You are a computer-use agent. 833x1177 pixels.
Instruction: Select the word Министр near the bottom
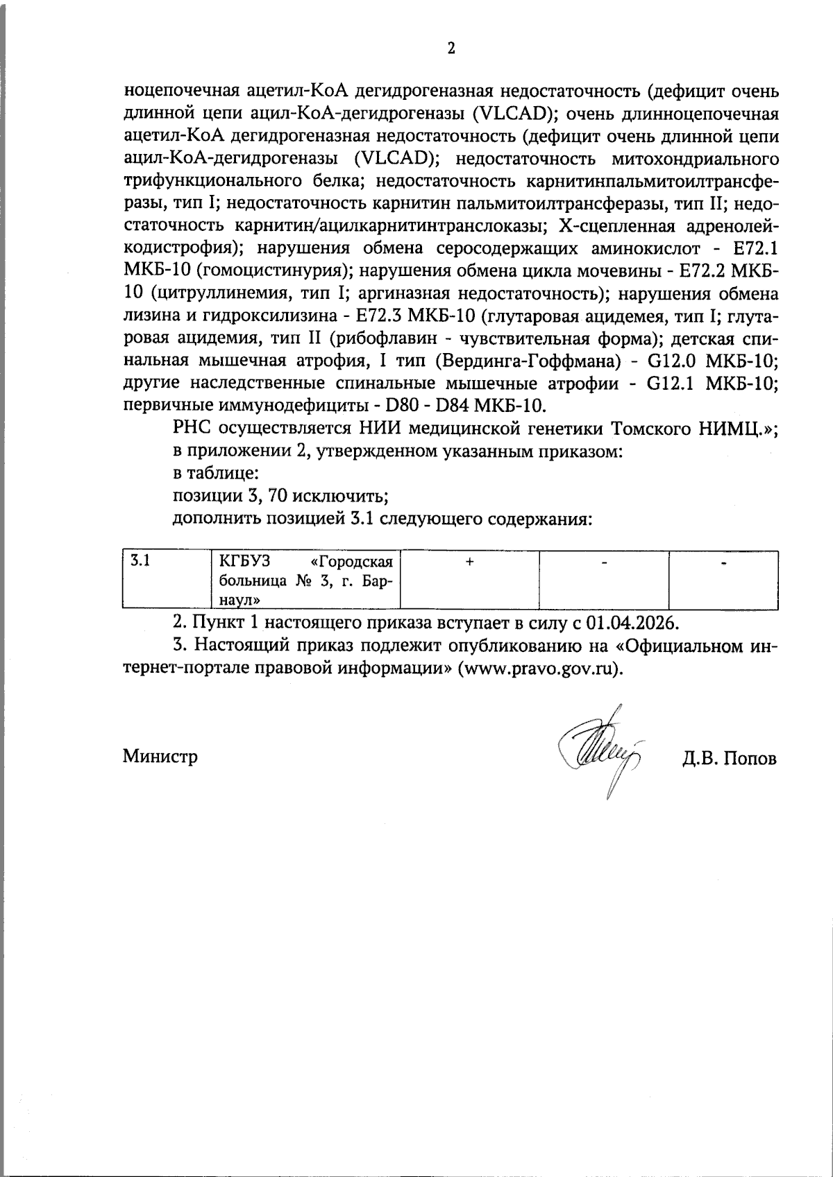(x=160, y=756)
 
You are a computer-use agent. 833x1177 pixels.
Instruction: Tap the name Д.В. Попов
(x=729, y=758)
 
